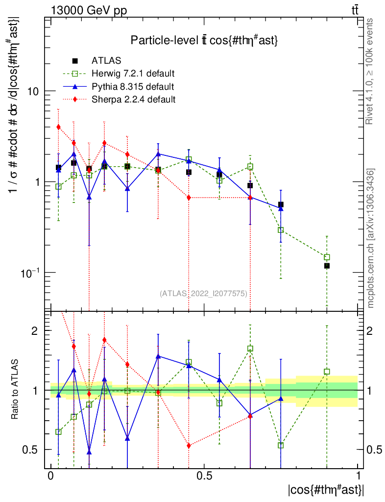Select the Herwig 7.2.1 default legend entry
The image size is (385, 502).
[x=133, y=74]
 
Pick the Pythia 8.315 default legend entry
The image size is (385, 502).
[x=132, y=87]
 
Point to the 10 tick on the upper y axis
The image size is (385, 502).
[x=32, y=92]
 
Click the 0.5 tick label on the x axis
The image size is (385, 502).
[x=204, y=476]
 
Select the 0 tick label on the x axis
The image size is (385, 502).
[x=50, y=476]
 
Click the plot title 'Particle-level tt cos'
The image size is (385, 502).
[x=204, y=41]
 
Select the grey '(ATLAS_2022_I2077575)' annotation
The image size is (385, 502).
[x=203, y=294]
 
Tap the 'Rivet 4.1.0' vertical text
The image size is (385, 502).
[x=370, y=71]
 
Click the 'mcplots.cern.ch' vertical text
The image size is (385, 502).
[x=371, y=238]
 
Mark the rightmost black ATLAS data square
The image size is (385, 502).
[x=327, y=266]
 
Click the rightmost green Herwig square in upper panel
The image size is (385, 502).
[x=327, y=257]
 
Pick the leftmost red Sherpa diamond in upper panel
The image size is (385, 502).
[x=58, y=127]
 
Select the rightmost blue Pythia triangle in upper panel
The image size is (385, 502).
[x=281, y=208]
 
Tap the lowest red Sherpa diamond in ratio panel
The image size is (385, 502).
[x=189, y=446]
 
